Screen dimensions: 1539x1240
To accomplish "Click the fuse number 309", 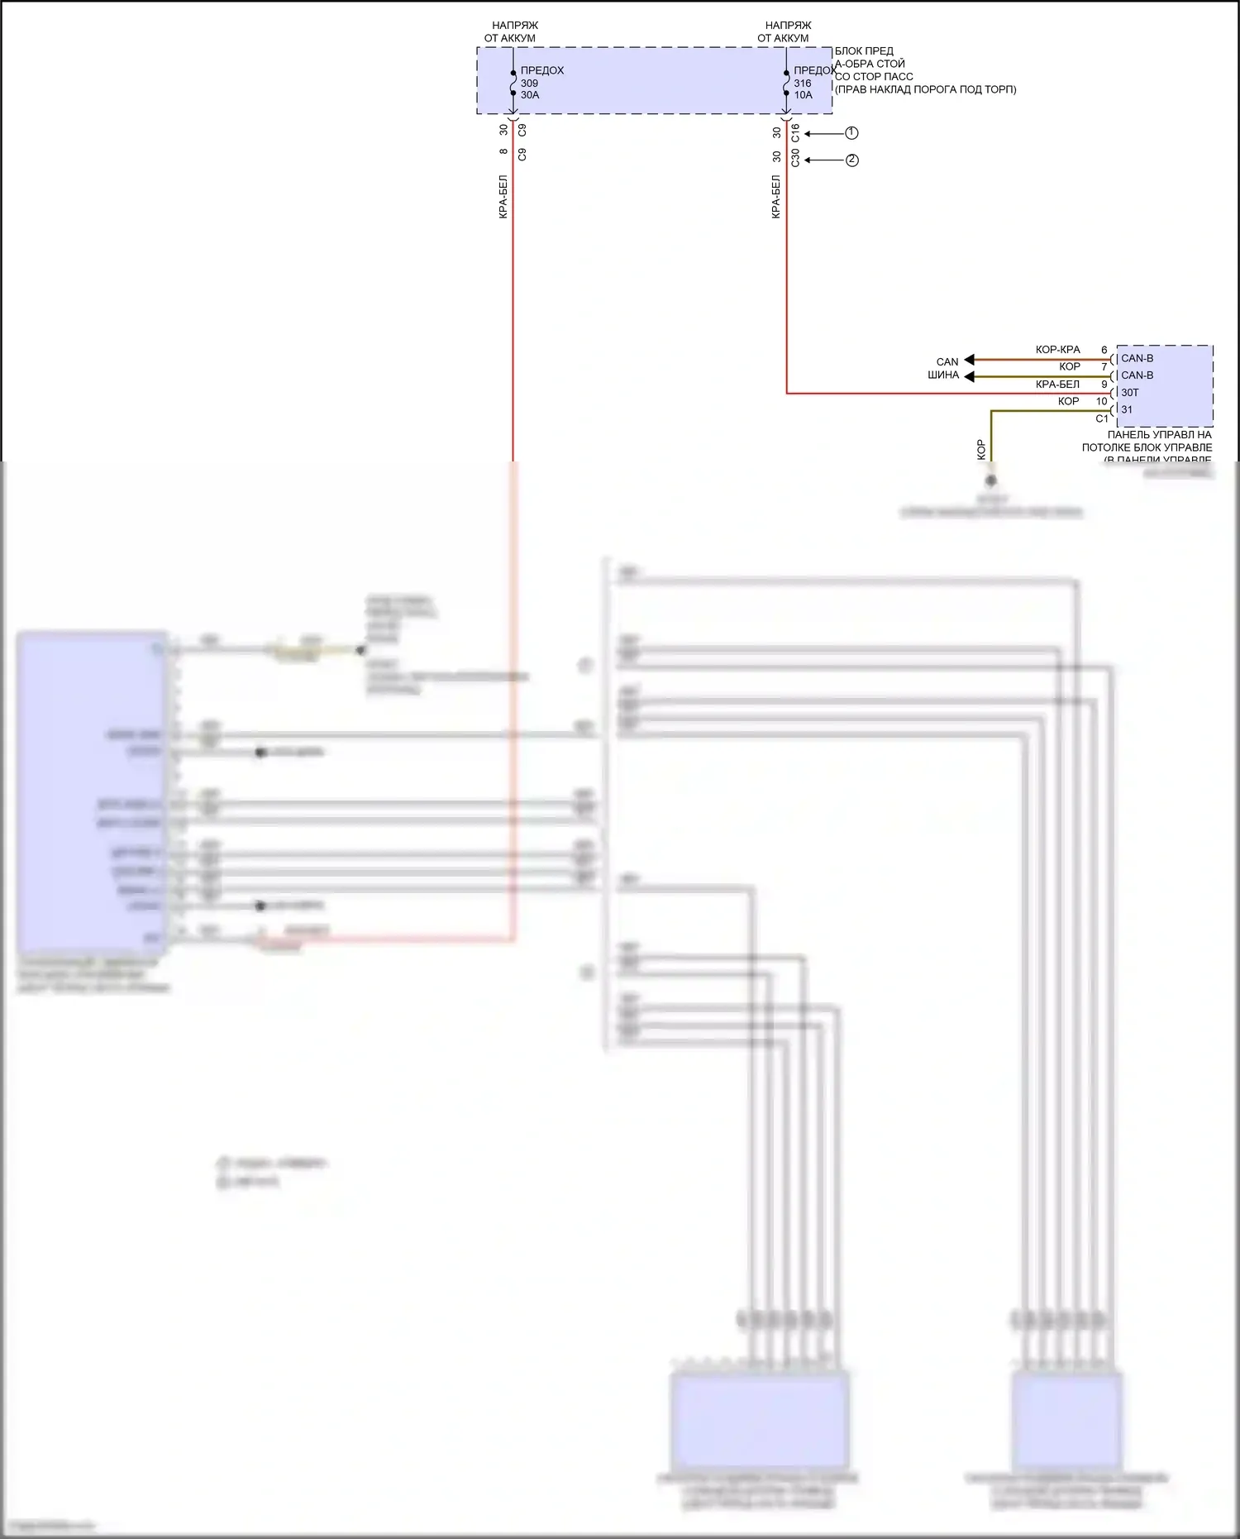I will [529, 83].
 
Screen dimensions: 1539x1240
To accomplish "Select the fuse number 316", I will [802, 83].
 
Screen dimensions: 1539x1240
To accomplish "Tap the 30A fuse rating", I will [530, 95].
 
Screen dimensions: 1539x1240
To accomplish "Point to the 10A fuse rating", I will [803, 95].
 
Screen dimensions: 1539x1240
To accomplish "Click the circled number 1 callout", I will [851, 133].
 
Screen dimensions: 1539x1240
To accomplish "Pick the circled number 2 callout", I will [851, 160].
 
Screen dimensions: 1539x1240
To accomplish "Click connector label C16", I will [795, 132].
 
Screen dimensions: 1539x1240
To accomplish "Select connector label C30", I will [795, 157].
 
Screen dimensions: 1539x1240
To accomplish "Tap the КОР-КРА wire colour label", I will [1057, 350].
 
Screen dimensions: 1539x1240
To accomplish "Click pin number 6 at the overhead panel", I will [1104, 350].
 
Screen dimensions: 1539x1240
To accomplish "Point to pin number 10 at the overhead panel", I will [1101, 401].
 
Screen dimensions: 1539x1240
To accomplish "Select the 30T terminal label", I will [1129, 393].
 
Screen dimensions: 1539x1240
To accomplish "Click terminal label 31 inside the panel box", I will [1127, 409].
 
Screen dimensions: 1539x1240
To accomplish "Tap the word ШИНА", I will [942, 375].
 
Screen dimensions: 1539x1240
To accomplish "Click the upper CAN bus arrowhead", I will [970, 360].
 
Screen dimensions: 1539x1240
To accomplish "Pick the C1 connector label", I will [1101, 418].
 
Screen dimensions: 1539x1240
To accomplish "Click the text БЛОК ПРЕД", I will [864, 51].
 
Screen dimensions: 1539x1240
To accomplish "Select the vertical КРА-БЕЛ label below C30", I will [776, 197].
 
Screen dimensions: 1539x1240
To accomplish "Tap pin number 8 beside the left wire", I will [503, 151].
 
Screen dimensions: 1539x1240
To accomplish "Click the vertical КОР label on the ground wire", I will [981, 449].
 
